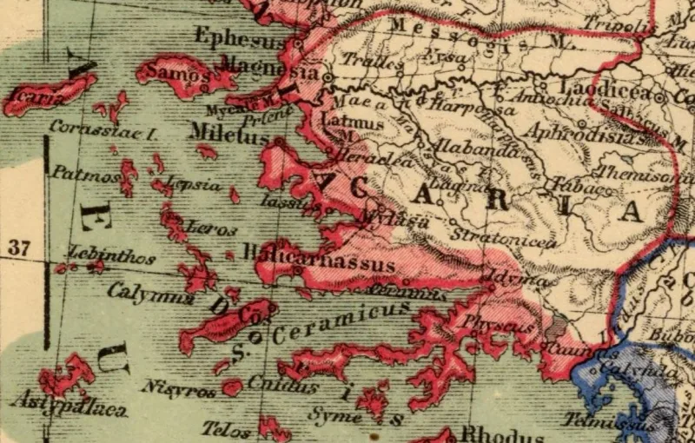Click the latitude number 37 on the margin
coord(19,248)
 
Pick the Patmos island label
coord(84,174)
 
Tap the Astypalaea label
coord(68,404)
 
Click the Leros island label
coord(210,229)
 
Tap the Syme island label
coord(335,416)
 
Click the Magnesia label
coord(268,64)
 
